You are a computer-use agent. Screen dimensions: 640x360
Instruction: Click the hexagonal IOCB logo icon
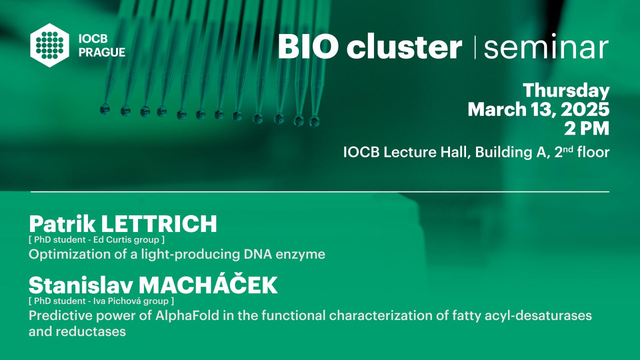coord(50,45)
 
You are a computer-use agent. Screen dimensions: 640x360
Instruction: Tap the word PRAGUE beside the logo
coord(102,52)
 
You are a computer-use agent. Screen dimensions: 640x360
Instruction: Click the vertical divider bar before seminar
coord(475,48)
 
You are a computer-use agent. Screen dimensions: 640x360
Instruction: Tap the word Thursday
coord(566,90)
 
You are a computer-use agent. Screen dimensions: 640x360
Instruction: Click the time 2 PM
coord(586,128)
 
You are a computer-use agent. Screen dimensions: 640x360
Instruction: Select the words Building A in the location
coord(511,152)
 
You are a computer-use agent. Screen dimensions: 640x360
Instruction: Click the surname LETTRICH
coord(159,224)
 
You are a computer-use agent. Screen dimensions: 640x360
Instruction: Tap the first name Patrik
coord(62,224)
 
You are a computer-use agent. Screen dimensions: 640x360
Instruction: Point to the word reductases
coord(91,332)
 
